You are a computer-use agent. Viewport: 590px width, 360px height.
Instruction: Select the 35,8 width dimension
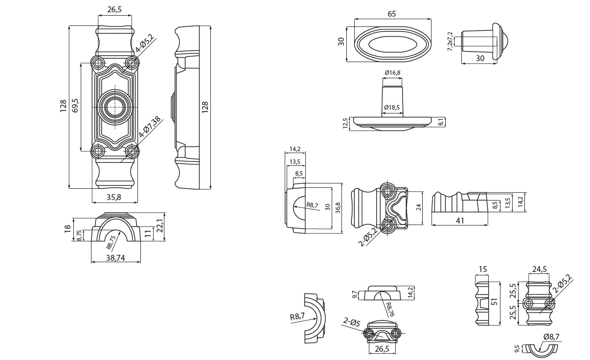point(114,197)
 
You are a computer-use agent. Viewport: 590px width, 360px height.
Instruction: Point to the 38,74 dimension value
point(115,257)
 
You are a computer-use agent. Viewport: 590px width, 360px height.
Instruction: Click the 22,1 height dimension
point(159,226)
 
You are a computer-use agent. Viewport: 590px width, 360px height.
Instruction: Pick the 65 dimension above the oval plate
point(392,14)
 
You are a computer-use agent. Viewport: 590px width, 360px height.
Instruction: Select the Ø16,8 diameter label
point(392,73)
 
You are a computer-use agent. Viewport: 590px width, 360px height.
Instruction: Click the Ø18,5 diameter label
point(392,107)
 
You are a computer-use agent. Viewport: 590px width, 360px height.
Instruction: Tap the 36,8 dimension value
point(338,207)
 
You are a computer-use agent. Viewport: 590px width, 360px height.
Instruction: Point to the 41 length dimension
point(460,221)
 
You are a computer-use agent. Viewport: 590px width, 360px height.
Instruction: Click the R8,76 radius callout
point(389,309)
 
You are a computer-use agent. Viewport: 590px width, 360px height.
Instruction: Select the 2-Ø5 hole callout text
point(351,322)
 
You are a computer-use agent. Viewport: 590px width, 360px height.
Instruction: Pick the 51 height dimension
point(495,303)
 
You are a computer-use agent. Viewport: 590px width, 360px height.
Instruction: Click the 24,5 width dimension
point(539,269)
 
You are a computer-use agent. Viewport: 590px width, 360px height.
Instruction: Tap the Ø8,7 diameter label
point(551,337)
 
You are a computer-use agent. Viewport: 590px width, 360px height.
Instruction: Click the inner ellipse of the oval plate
point(393,44)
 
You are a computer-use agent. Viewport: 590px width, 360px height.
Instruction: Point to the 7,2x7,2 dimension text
point(450,41)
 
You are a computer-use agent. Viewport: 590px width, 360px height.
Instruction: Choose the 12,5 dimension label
point(346,123)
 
